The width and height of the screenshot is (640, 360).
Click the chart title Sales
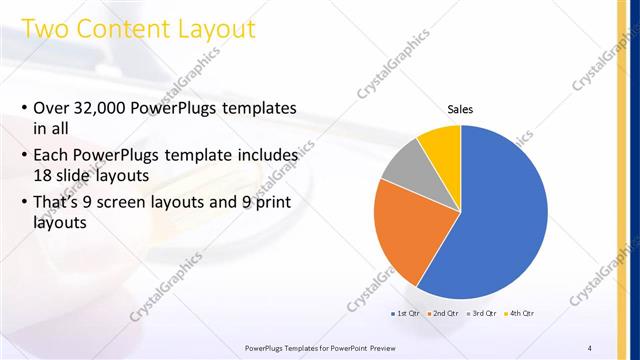[460, 110]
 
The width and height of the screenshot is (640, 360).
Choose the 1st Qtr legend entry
[406, 314]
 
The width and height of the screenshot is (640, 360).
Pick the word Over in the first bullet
[50, 107]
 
